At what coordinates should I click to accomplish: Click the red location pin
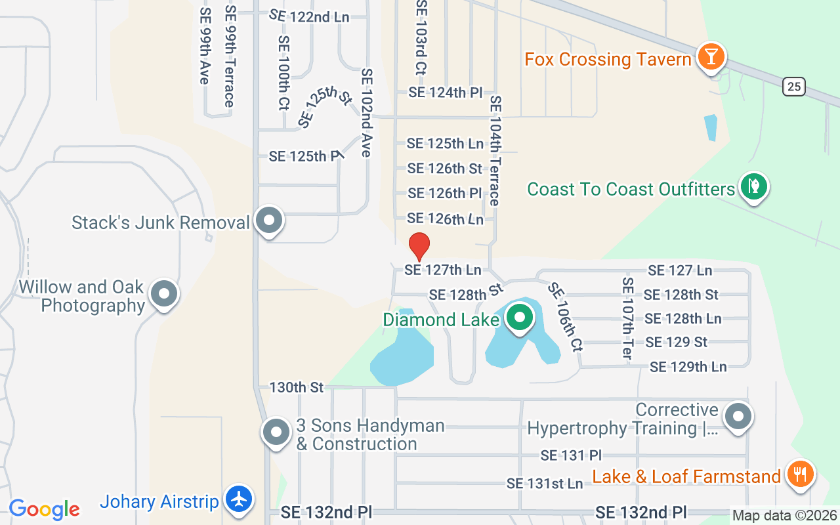(419, 246)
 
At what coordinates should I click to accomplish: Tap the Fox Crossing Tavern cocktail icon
(710, 56)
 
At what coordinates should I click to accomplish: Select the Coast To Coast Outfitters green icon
(754, 186)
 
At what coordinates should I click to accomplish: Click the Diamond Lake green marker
(520, 318)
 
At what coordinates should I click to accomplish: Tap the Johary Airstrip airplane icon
(240, 499)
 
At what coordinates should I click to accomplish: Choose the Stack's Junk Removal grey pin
(268, 220)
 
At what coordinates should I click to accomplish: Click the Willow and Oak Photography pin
(163, 294)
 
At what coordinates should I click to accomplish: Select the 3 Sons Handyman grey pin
(276, 432)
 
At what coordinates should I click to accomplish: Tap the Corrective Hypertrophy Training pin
(738, 416)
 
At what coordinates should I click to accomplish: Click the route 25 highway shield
(794, 86)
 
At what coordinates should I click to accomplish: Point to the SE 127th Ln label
(442, 270)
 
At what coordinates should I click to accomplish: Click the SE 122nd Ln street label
(309, 16)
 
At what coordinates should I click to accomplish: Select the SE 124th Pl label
(446, 93)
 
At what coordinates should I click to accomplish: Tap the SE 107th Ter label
(627, 318)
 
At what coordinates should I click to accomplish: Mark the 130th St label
(297, 387)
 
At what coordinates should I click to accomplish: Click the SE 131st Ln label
(545, 484)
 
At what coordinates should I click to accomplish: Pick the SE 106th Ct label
(564, 316)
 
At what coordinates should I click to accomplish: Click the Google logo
(44, 509)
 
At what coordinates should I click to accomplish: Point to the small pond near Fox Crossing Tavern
(710, 127)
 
